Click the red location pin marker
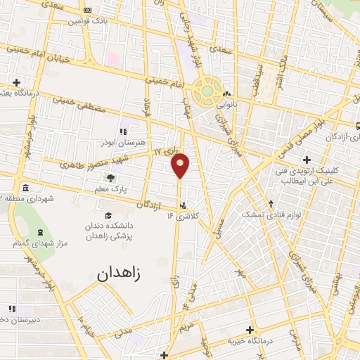click(181, 165)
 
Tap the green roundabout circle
click(208, 89)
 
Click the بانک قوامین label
click(87, 21)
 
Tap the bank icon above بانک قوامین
click(87, 11)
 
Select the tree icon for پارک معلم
click(110, 179)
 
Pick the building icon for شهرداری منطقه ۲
click(25, 187)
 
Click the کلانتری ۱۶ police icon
click(183, 206)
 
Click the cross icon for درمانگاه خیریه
click(250, 329)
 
